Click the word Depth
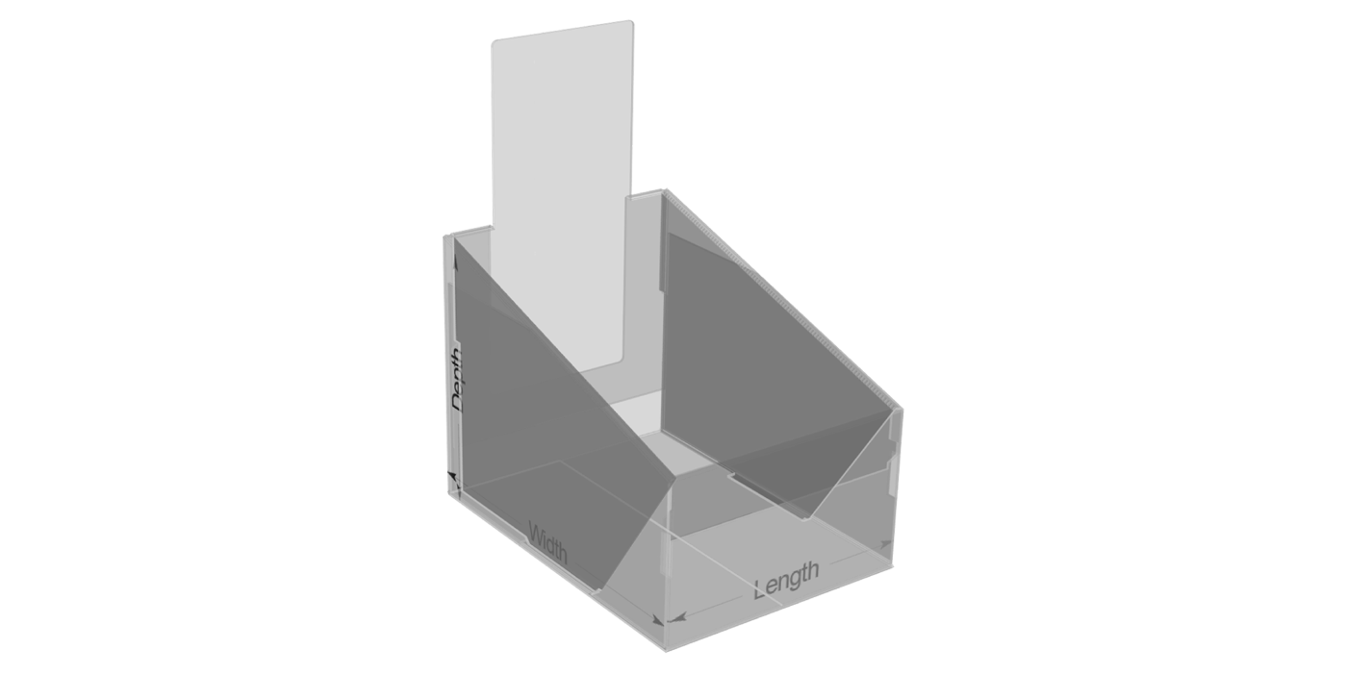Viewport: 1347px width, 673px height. (458, 380)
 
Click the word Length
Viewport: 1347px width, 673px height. (786, 579)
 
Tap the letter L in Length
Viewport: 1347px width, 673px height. (760, 586)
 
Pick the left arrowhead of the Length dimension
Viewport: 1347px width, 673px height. (675, 616)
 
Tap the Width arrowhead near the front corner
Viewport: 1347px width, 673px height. (655, 620)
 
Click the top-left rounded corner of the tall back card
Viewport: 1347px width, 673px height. (496, 43)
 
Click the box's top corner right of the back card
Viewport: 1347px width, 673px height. (663, 191)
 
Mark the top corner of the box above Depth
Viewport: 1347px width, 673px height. (448, 236)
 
